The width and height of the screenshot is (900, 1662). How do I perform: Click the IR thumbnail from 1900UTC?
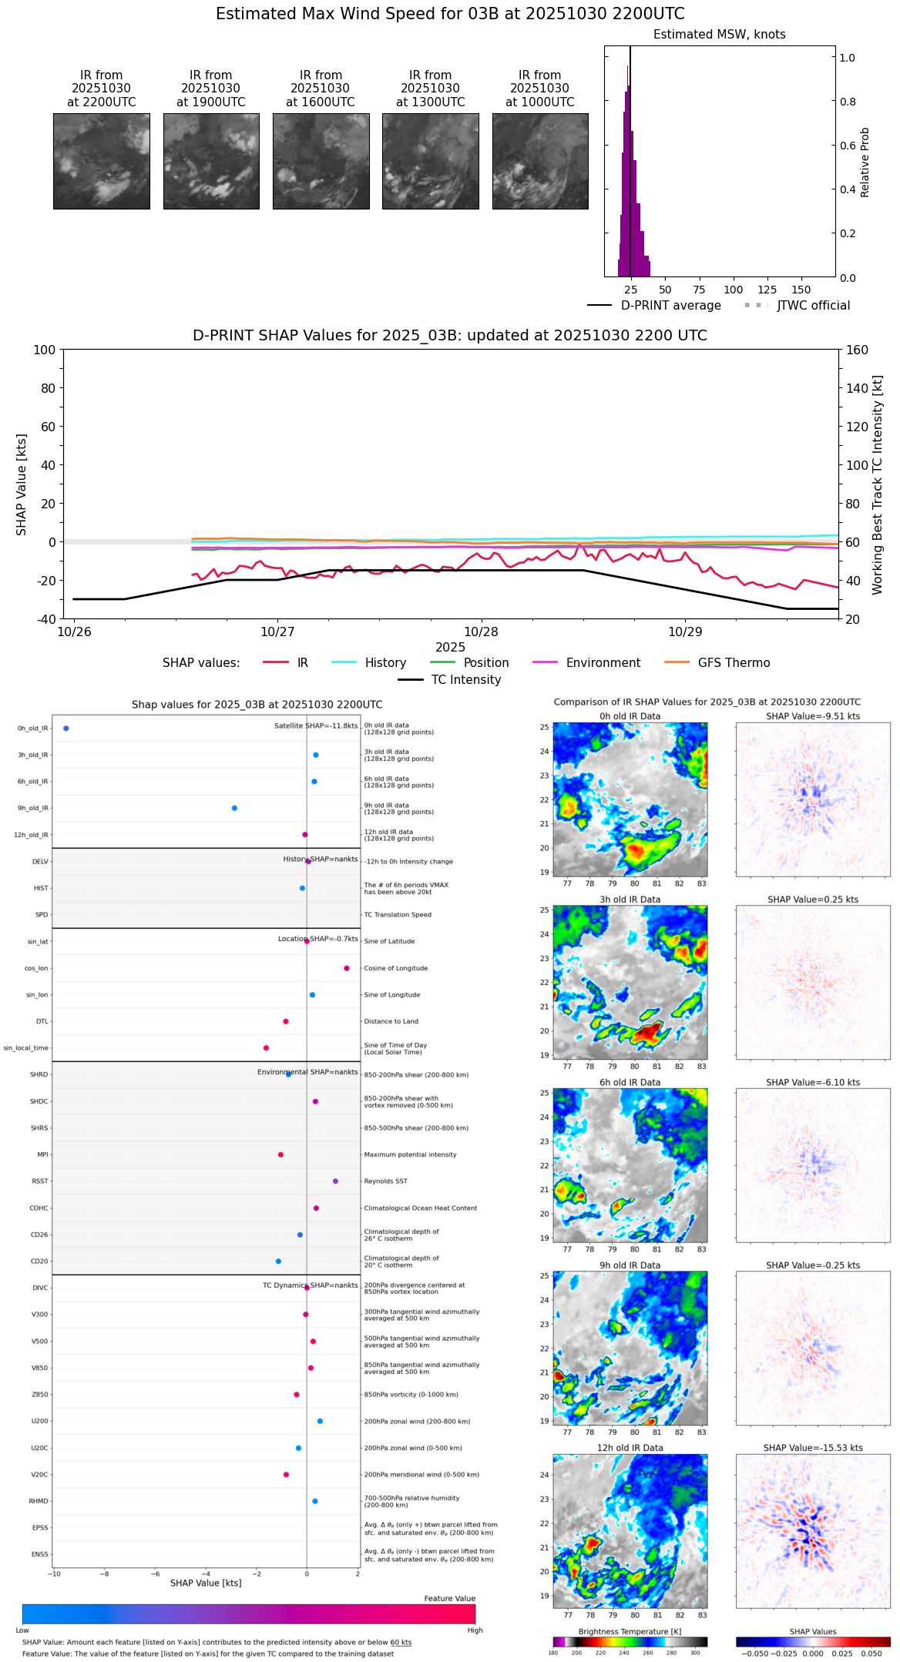click(x=211, y=161)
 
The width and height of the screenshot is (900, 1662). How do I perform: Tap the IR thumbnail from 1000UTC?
click(x=540, y=161)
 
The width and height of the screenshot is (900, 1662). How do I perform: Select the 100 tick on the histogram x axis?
click(x=733, y=290)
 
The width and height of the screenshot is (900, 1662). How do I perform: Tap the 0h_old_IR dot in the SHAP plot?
click(x=66, y=729)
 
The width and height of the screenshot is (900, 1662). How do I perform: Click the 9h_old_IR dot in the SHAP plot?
click(x=234, y=808)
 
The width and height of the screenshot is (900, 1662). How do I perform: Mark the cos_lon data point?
click(x=347, y=968)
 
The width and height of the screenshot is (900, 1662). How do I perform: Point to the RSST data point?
click(x=335, y=1181)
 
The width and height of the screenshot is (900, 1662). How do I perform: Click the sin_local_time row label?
click(x=26, y=1048)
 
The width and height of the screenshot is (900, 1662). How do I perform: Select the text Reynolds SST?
click(x=386, y=1181)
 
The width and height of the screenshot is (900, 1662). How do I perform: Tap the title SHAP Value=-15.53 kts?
click(x=813, y=1448)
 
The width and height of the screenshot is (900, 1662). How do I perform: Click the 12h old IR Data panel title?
click(x=630, y=1448)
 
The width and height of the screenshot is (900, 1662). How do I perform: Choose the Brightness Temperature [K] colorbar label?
click(x=630, y=1632)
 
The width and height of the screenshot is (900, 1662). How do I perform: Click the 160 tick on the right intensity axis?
click(x=858, y=350)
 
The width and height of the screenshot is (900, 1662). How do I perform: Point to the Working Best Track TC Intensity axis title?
click(x=878, y=485)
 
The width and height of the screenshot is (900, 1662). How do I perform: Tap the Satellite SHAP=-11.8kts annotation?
click(x=316, y=726)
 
